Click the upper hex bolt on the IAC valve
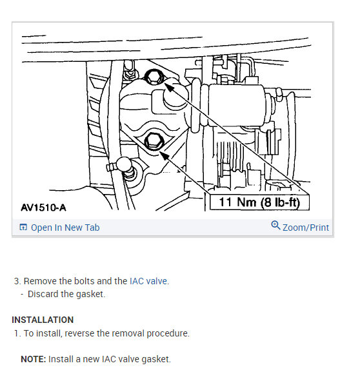tap(153, 77)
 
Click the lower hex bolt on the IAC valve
tap(154, 141)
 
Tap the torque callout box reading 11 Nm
tap(259, 202)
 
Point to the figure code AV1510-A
tap(43, 208)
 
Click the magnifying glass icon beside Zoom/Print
tap(275, 226)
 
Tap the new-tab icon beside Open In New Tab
tap(23, 227)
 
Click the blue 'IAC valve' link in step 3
tap(148, 281)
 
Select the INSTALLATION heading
tap(43, 320)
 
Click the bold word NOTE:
tap(34, 359)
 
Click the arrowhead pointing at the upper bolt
tap(170, 87)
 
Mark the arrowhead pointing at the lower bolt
tap(165, 155)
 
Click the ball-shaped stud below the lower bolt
tap(124, 164)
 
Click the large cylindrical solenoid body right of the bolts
tap(237, 105)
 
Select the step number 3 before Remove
tap(17, 281)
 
